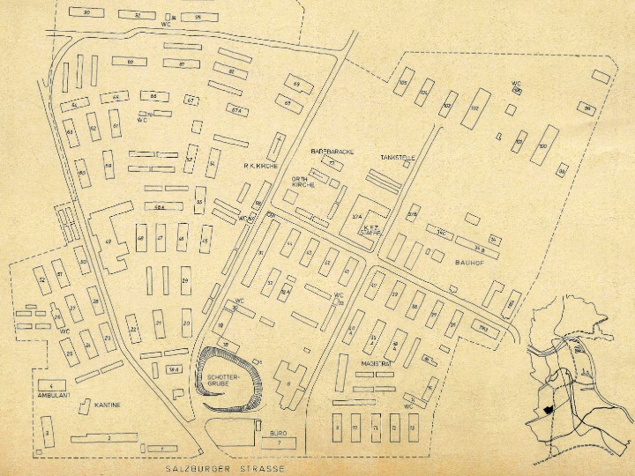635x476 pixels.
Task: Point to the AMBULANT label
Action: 53,396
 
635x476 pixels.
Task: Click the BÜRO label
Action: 275,435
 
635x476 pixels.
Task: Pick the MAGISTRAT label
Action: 377,362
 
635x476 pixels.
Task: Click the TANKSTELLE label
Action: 398,157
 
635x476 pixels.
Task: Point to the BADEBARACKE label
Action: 332,152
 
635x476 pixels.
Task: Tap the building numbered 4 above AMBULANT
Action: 52,386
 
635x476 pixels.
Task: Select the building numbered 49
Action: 108,242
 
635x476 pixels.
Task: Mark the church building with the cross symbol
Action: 280,144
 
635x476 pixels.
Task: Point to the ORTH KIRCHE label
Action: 303,180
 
